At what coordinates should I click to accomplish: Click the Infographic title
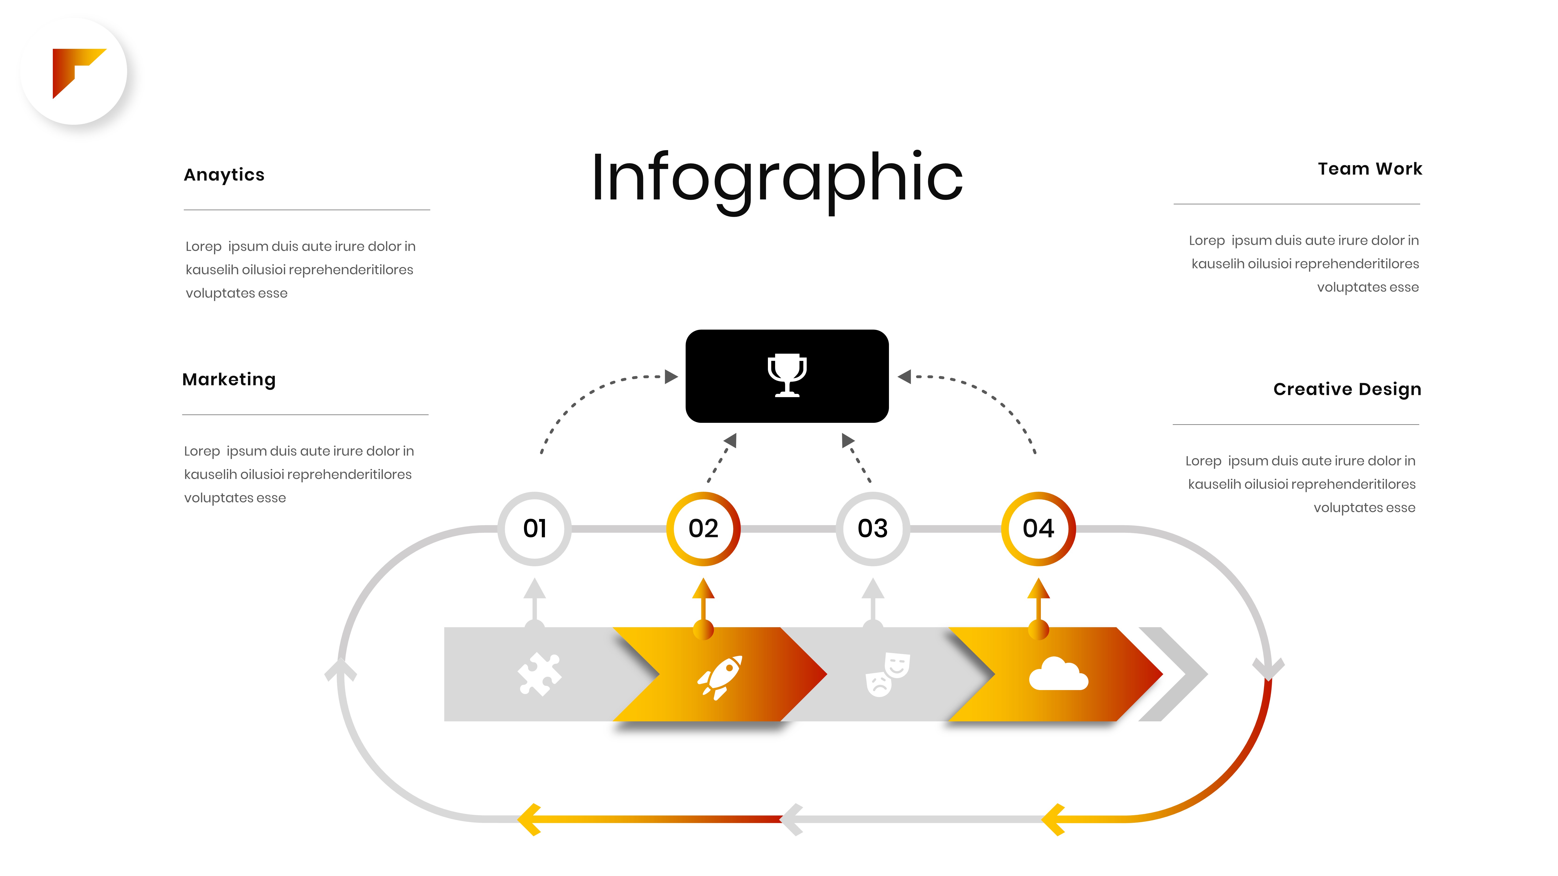(777, 178)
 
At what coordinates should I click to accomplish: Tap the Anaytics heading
(224, 175)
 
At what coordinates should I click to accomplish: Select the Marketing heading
(229, 380)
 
